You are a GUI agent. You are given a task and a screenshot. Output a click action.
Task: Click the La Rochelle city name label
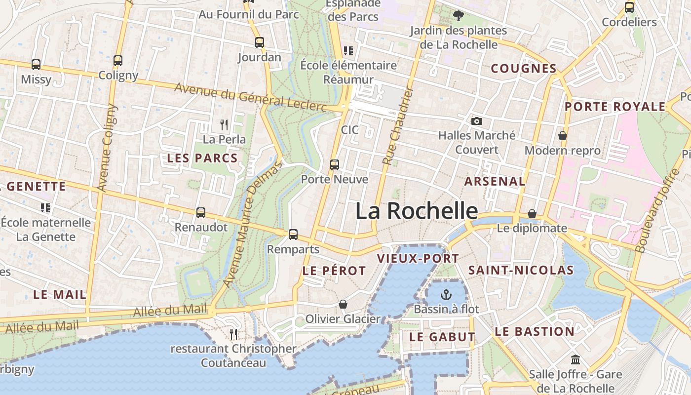tap(417, 211)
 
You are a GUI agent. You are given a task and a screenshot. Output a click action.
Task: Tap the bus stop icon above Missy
tap(36, 64)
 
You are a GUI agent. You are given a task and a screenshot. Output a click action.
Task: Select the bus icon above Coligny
tap(118, 60)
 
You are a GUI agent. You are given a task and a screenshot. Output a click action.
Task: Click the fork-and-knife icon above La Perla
tap(224, 124)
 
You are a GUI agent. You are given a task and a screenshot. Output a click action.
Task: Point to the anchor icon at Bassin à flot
tap(446, 295)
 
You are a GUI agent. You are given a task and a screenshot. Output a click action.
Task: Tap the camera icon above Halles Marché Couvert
tap(476, 121)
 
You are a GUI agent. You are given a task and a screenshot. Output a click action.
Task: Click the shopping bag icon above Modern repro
tap(562, 136)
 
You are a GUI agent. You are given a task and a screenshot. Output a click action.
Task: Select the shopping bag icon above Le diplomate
tap(532, 214)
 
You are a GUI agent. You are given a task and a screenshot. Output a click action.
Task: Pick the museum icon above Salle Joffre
tap(575, 359)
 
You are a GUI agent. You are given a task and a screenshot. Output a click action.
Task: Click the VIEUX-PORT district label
tap(418, 258)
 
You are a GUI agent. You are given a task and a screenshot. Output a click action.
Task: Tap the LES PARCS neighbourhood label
tap(202, 158)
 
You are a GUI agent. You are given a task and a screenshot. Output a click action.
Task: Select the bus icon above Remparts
tap(293, 234)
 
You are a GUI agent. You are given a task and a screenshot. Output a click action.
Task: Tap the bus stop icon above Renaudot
tap(201, 213)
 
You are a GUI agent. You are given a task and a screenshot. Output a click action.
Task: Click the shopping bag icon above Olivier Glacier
tap(343, 304)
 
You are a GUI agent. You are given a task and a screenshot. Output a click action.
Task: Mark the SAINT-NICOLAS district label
tap(521, 270)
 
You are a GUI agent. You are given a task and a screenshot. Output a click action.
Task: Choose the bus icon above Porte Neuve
tap(335, 164)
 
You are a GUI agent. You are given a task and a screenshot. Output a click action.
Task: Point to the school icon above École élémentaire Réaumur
tap(348, 50)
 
